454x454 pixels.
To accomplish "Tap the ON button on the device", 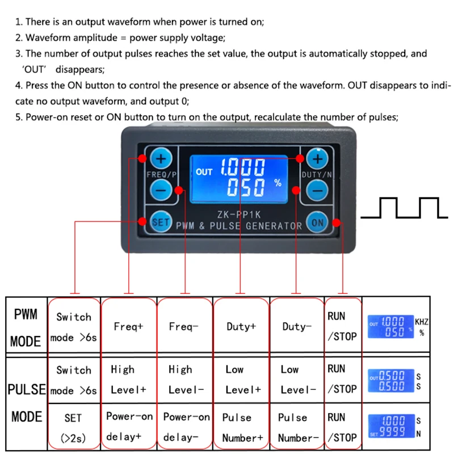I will point(317,222).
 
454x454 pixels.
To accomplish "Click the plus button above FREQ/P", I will point(161,158).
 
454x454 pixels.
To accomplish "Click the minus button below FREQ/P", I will point(161,190).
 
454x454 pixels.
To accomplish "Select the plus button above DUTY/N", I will point(317,158).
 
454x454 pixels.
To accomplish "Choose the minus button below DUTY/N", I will point(317,190).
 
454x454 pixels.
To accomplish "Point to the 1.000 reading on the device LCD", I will point(242,167).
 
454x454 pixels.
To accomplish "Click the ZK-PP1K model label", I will point(238,215).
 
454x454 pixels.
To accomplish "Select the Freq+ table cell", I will point(128,327).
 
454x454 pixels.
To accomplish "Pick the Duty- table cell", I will point(297,327).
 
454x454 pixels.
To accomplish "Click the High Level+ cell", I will point(128,380).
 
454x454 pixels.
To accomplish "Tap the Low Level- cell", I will point(297,380).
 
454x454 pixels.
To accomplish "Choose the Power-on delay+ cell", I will point(129,427).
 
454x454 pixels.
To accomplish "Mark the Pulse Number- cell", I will point(297,427).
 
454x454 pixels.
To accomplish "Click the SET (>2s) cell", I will point(73,427).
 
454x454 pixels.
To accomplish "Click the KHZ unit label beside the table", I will point(421,322).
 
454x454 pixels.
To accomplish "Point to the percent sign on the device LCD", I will point(278,183).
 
